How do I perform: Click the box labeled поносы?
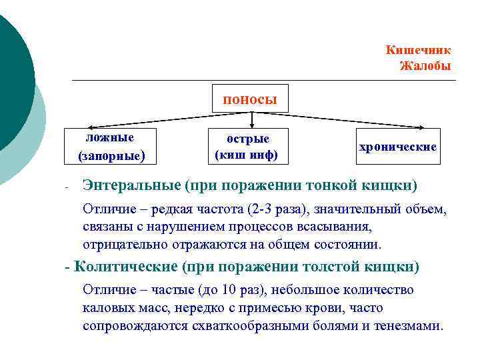250,99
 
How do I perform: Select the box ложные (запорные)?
111,147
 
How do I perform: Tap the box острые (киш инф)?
247,147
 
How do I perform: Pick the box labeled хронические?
398,147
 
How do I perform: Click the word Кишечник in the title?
418,51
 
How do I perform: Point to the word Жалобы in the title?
425,66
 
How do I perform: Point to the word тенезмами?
411,327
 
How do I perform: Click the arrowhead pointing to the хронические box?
422,127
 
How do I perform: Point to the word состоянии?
347,245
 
